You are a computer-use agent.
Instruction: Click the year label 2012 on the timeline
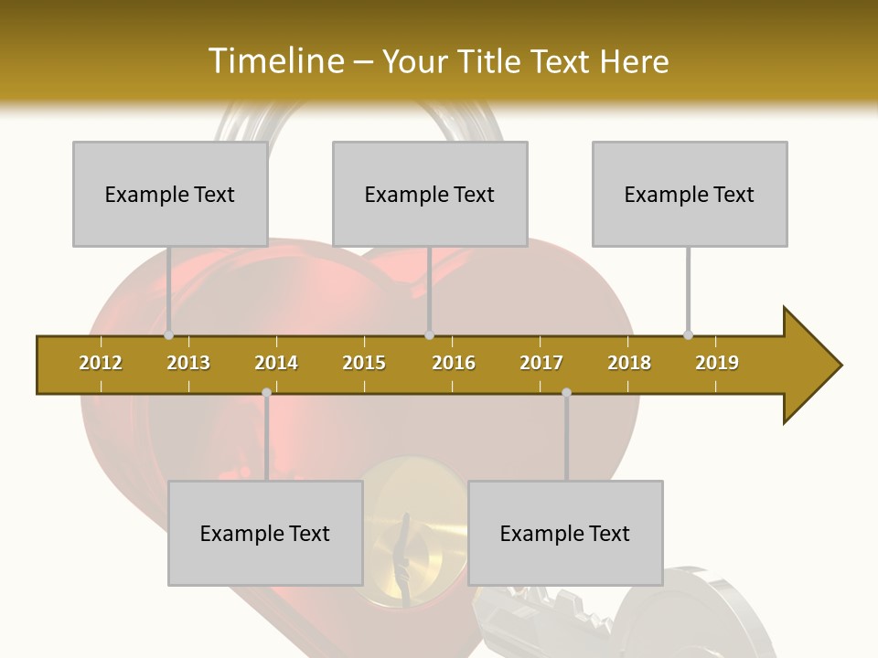coord(101,363)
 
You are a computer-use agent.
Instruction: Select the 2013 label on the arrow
coord(188,363)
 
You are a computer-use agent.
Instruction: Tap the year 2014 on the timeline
coord(276,363)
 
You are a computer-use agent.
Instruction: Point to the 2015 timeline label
coord(364,363)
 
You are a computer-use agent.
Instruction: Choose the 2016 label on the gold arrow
coord(454,363)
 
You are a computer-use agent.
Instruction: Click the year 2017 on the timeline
coord(541,363)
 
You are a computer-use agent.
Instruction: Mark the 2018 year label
coord(629,363)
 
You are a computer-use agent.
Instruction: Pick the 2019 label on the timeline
coord(717,363)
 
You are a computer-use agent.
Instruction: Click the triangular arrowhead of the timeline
coord(809,366)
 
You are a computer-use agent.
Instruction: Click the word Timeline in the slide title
coord(274,61)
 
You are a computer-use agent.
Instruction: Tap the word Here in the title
coord(634,61)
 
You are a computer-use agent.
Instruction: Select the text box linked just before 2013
coord(170,194)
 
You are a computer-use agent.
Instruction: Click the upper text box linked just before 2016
coord(430,194)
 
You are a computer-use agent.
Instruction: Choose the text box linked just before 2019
coord(690,194)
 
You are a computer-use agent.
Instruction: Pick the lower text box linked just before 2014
coord(265,533)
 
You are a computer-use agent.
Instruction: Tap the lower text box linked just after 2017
coord(565,533)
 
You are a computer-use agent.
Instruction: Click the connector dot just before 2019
coord(689,334)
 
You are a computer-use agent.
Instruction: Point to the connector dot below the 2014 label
coord(266,392)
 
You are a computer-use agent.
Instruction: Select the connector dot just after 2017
coord(566,392)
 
